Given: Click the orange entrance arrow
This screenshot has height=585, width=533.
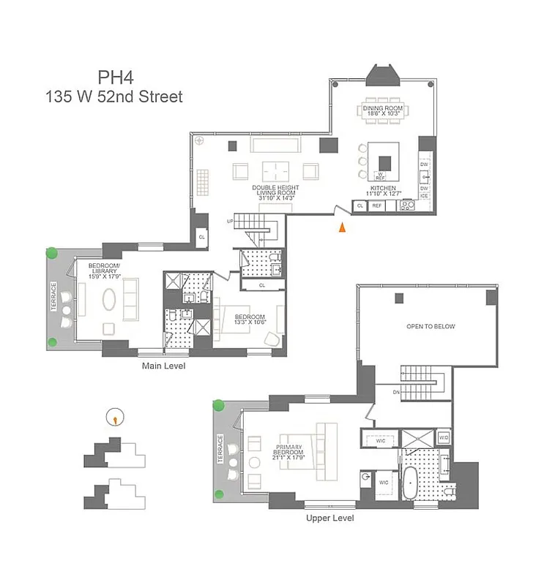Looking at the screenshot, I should (x=340, y=227).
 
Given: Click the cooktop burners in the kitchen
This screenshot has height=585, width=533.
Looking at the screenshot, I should (x=408, y=206).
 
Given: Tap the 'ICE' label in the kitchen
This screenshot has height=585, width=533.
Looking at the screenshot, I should (x=424, y=196).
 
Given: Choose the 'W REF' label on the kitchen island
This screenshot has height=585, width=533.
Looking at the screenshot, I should (x=381, y=175).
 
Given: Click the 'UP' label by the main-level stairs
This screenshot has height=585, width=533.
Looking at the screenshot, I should (x=230, y=221).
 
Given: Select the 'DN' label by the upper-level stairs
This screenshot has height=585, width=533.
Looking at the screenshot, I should (x=396, y=393).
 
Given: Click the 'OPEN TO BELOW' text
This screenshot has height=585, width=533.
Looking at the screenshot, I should (x=430, y=327).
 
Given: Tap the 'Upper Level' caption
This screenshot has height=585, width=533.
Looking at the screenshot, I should (x=329, y=518).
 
